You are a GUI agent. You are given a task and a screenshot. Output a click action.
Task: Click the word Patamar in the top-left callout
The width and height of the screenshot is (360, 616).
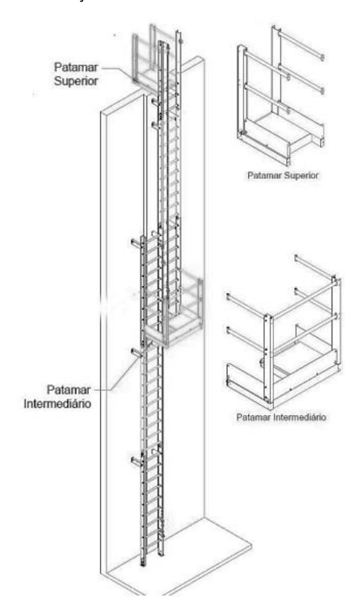(x=76, y=67)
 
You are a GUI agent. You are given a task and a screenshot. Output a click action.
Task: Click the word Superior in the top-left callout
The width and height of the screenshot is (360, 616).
(x=76, y=81)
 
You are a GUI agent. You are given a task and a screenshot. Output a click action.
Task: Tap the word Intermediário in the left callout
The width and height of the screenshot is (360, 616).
(x=58, y=404)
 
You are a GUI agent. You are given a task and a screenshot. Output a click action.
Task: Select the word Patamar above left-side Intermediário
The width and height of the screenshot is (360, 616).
(x=69, y=390)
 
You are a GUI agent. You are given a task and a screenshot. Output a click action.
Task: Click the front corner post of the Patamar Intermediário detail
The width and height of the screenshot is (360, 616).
(x=268, y=358)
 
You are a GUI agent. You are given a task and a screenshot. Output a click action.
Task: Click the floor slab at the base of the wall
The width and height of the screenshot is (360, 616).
(x=181, y=558)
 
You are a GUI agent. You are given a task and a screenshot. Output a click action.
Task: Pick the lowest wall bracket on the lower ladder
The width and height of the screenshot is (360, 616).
(x=137, y=461)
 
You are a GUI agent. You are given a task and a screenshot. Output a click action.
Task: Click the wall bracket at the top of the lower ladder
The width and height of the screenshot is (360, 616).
(x=137, y=243)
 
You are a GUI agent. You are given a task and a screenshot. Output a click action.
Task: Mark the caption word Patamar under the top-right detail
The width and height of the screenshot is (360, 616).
(x=262, y=175)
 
